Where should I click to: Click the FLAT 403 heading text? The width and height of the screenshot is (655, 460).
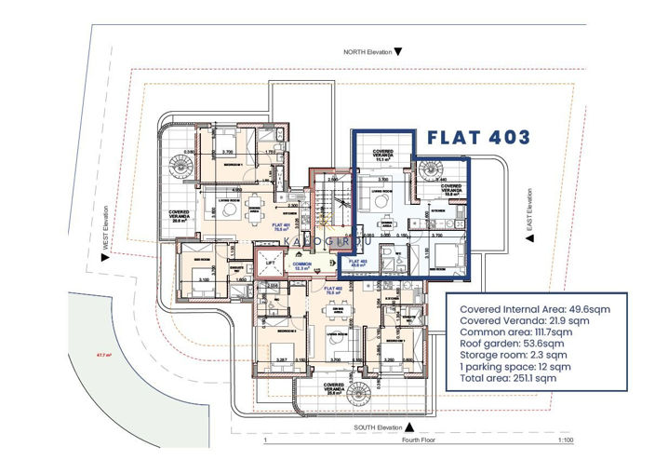478,137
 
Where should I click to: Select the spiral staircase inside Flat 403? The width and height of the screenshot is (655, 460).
431,171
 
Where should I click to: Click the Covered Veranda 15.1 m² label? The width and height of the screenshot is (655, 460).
382,155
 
